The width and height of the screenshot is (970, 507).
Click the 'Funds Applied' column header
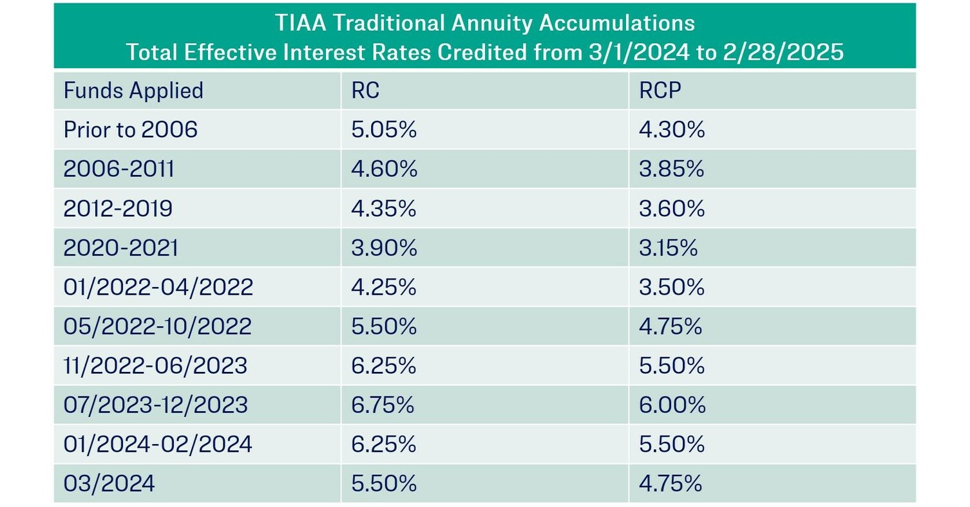tap(133, 91)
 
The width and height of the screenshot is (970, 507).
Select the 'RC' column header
tap(365, 91)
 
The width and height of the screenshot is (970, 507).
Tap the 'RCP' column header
tap(660, 91)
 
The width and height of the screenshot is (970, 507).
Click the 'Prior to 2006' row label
tap(130, 130)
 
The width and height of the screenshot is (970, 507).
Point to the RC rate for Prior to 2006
tap(384, 130)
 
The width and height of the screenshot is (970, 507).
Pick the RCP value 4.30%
tap(672, 130)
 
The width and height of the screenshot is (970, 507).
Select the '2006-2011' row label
tap(119, 169)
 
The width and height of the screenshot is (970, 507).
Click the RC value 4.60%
tap(384, 169)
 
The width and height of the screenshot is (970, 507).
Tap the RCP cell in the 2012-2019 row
tap(672, 209)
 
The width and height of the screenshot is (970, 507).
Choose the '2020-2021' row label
tap(120, 248)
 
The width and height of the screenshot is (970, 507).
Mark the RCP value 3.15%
tap(668, 248)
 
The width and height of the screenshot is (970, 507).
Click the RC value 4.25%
tap(384, 287)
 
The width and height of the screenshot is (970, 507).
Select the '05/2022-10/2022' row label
tap(157, 326)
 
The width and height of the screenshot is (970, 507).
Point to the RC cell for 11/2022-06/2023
tap(384, 365)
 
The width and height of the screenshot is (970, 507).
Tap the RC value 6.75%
tap(383, 405)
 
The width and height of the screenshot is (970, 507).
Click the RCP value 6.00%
tap(672, 405)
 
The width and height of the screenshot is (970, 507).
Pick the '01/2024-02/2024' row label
tap(158, 444)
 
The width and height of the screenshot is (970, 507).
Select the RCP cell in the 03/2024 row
tap(670, 483)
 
